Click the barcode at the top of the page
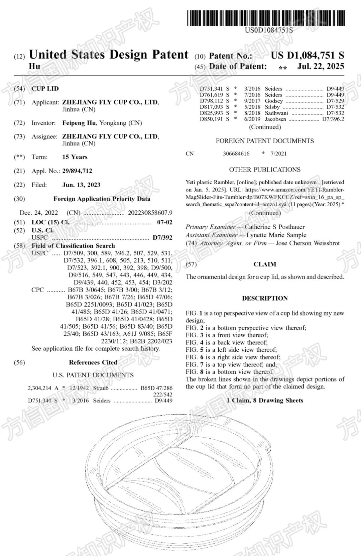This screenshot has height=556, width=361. (x=266, y=18)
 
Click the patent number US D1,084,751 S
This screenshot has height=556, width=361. (x=307, y=55)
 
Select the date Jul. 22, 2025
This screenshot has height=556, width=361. (x=321, y=66)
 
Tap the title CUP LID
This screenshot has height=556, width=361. (x=45, y=89)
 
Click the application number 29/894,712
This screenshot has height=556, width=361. (x=77, y=171)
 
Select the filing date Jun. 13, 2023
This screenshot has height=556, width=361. (x=81, y=185)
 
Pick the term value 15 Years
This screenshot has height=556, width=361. (x=75, y=157)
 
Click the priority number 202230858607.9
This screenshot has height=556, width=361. (x=150, y=213)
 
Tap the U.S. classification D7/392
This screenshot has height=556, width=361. (x=162, y=238)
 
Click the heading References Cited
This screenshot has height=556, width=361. (x=93, y=362)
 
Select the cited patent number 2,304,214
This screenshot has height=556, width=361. (x=39, y=388)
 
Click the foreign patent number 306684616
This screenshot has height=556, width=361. (x=236, y=154)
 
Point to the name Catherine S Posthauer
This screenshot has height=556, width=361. (x=274, y=227)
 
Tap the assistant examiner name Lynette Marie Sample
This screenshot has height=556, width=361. (x=276, y=235)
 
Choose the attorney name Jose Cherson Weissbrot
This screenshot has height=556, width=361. (x=308, y=243)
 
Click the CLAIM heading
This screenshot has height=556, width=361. (x=265, y=264)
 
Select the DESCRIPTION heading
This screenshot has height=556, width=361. (x=265, y=298)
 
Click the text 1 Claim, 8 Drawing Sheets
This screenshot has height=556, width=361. (x=265, y=401)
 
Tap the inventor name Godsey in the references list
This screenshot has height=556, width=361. (x=274, y=101)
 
